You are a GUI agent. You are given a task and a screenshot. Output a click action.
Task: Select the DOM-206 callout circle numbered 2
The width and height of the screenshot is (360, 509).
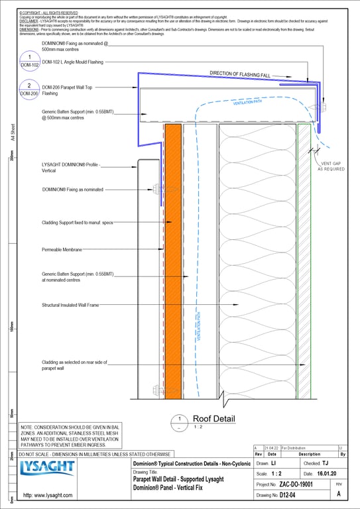click(29, 89)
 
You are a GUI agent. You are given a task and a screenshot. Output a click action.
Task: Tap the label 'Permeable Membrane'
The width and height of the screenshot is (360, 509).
click(62, 249)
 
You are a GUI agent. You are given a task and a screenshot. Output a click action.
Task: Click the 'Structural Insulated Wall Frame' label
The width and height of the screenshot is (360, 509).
click(70, 305)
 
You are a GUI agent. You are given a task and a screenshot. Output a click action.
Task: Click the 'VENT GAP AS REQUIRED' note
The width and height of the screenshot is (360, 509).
click(331, 166)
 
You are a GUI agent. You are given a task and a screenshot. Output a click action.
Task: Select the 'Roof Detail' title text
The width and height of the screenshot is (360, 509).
click(213, 419)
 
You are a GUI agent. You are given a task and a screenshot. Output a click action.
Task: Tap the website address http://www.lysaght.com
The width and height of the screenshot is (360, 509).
click(48, 495)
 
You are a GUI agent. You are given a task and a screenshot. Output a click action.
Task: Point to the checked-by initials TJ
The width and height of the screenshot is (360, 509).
click(325, 463)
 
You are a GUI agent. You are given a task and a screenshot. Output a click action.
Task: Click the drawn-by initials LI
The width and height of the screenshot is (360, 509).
click(273, 463)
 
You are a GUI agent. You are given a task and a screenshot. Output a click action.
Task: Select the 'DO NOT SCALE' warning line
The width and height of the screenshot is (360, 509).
click(95, 454)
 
